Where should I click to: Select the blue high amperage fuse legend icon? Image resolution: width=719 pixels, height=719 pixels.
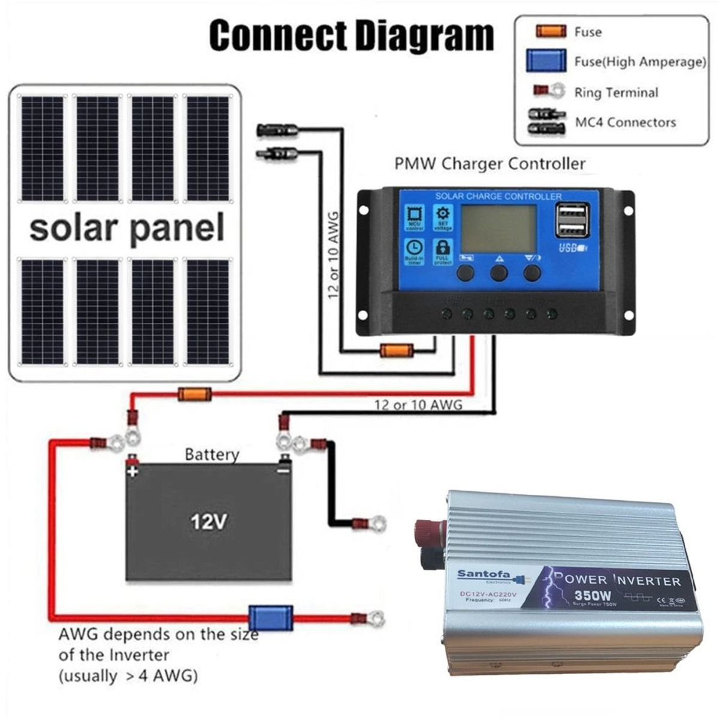pyautogui.click(x=545, y=61)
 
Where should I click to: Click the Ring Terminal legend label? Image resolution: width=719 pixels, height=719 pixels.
pyautogui.click(x=615, y=93)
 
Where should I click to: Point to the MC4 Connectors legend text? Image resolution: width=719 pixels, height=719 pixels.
pyautogui.click(x=625, y=123)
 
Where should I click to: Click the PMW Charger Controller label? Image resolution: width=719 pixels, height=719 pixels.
pyautogui.click(x=490, y=164)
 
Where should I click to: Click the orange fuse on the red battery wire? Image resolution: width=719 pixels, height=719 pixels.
pyautogui.click(x=194, y=394)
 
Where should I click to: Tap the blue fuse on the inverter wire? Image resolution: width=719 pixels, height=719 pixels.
pyautogui.click(x=270, y=618)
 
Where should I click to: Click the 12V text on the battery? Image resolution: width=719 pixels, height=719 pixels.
pyautogui.click(x=209, y=522)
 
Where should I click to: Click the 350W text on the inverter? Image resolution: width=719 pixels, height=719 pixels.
pyautogui.click(x=592, y=596)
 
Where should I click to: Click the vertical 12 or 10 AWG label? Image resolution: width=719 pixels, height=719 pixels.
pyautogui.click(x=334, y=252)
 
